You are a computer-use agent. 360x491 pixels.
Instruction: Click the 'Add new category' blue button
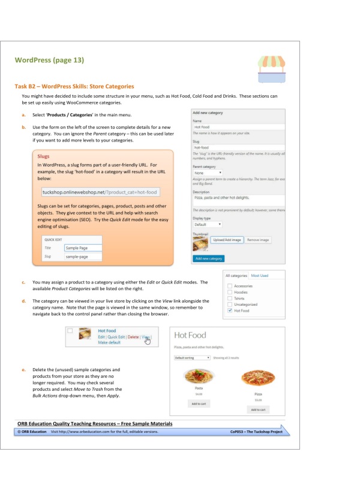(209, 258)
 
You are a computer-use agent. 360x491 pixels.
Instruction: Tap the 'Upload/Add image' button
(227, 240)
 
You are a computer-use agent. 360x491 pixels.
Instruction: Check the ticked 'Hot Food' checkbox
(230, 311)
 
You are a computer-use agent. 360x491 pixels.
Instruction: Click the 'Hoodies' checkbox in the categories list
(230, 292)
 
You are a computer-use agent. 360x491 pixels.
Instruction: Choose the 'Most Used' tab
(260, 275)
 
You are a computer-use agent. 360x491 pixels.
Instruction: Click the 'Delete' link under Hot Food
(133, 337)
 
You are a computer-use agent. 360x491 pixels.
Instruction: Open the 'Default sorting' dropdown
(191, 357)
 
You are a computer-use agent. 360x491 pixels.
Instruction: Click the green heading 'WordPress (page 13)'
(49, 60)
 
